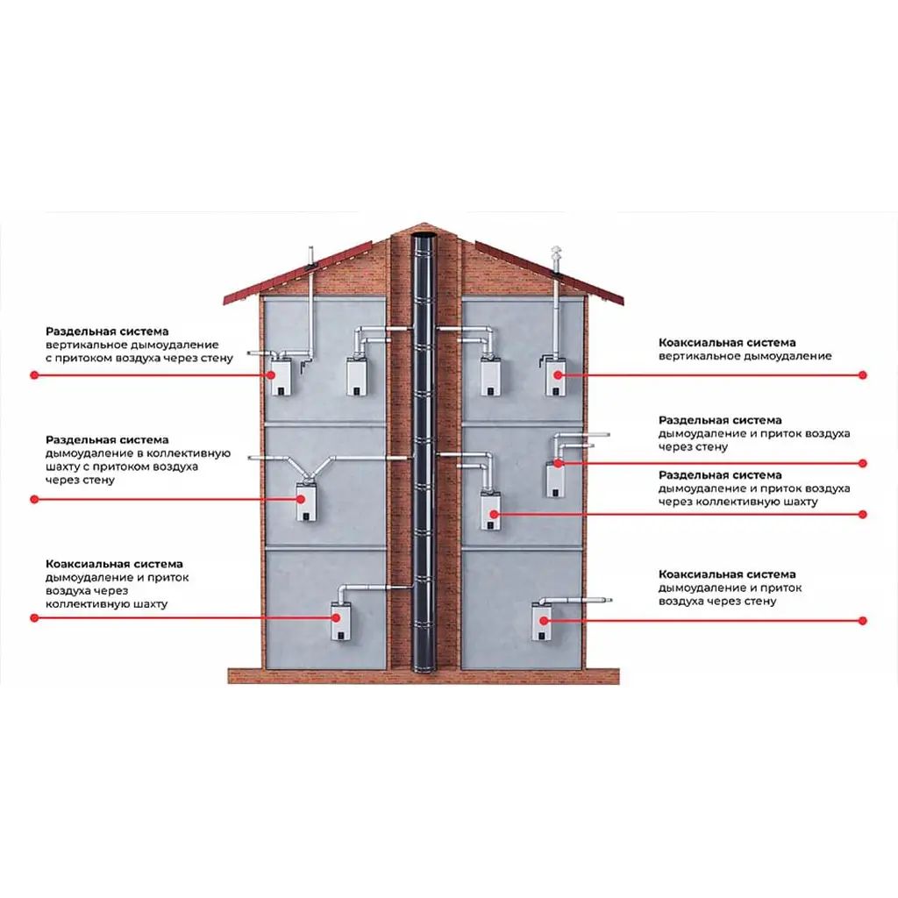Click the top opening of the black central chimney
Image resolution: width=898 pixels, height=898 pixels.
[x=424, y=235]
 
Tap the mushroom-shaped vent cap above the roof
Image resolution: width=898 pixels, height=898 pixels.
[x=556, y=252]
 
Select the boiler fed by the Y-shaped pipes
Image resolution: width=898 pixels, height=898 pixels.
[x=306, y=502]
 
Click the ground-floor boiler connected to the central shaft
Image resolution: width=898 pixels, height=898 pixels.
[x=342, y=620]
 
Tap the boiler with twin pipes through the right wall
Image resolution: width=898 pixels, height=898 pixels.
[x=554, y=478]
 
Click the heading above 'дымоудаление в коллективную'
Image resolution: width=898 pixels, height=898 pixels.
[x=107, y=440]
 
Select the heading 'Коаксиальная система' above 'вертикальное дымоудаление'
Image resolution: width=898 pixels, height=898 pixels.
[x=727, y=343]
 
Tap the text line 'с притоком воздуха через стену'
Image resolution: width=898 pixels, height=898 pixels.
[x=139, y=359]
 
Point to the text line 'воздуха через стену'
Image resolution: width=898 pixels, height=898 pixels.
[x=717, y=602]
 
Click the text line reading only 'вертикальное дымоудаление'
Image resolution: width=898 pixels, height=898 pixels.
[x=745, y=356]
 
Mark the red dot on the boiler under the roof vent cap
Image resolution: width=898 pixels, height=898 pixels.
[x=557, y=374]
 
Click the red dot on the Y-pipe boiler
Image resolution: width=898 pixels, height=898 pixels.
[x=301, y=499]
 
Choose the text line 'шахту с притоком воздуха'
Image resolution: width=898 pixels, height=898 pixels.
[x=121, y=467]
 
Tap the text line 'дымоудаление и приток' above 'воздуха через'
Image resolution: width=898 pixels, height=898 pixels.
[x=117, y=577]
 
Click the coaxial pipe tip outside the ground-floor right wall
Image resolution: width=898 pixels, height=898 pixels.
[x=609, y=600]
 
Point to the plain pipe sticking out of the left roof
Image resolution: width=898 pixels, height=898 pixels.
[x=310, y=258]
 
